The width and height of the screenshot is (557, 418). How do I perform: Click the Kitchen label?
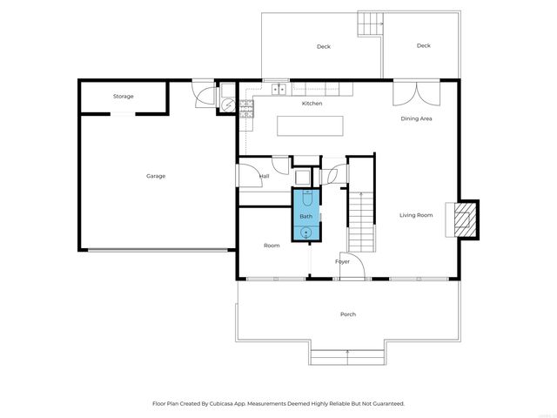pos(312,104)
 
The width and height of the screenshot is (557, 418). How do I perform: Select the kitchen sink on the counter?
pos(280,88)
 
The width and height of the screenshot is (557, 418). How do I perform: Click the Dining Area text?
pos(416,118)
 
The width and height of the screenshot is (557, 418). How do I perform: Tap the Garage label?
pos(156,176)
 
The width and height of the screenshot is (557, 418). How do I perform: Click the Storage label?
pos(123,96)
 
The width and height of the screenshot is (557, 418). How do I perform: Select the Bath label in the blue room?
pos(306,216)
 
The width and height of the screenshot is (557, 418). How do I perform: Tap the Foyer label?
pos(342,261)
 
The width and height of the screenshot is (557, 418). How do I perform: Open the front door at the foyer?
pos(350,270)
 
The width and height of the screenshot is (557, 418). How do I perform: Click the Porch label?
pos(348,314)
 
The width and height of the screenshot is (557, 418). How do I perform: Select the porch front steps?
pos(347,356)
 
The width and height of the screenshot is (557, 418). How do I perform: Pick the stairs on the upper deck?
pos(372,24)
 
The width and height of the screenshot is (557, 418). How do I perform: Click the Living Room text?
pos(416,215)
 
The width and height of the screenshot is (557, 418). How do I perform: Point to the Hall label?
pos(265,177)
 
